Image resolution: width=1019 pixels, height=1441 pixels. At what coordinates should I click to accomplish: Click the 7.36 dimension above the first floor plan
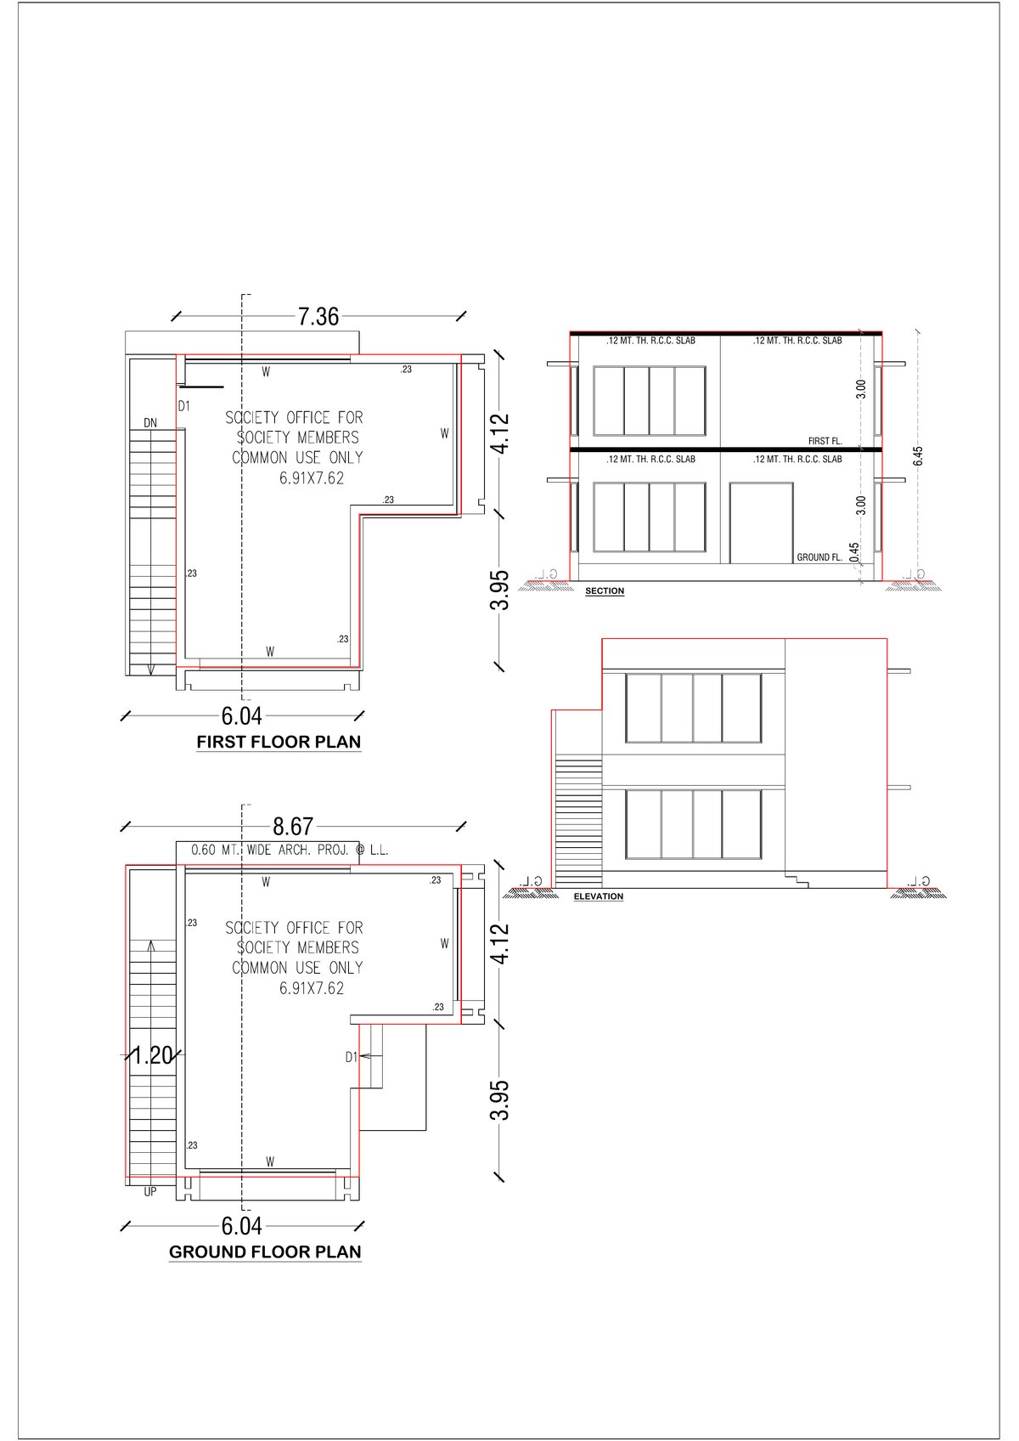(318, 317)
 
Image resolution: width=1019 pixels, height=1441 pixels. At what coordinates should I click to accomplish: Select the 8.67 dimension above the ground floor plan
(292, 826)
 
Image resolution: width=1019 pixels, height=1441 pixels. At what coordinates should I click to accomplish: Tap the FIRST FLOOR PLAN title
(279, 742)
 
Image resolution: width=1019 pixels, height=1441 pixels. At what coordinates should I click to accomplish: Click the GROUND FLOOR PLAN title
(265, 1252)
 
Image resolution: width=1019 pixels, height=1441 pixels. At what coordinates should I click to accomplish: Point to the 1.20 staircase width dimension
(152, 1055)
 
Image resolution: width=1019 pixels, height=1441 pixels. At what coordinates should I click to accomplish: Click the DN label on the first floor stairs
(149, 422)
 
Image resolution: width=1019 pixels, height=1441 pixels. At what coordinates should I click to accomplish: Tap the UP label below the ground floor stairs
(149, 1192)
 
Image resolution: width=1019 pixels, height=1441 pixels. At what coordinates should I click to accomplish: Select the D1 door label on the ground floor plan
(351, 1057)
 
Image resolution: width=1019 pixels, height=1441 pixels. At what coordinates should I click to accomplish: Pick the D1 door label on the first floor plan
(184, 406)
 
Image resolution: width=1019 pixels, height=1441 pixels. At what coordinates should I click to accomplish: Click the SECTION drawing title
(605, 591)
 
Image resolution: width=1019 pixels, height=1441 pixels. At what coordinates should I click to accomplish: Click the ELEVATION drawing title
(598, 896)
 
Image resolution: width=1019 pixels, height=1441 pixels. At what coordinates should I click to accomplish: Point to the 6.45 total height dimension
(917, 456)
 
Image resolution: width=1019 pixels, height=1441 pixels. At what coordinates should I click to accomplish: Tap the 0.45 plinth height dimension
(853, 552)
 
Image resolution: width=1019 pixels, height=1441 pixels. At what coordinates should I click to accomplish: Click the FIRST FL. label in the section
(825, 441)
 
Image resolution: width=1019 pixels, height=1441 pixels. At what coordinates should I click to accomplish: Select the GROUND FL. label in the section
(819, 557)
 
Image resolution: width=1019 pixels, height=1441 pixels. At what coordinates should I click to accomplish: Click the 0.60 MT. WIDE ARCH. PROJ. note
(290, 850)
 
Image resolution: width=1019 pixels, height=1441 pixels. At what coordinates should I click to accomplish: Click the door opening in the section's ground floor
(761, 523)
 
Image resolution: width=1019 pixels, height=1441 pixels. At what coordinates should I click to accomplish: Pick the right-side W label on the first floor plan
(444, 433)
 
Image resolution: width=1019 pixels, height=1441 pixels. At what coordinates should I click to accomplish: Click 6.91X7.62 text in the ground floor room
(311, 988)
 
